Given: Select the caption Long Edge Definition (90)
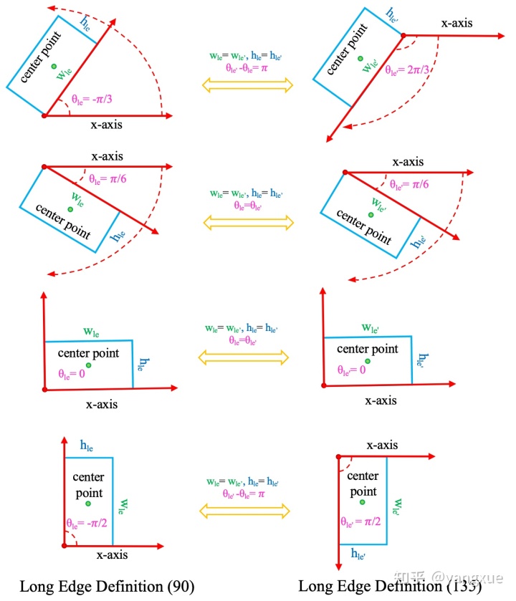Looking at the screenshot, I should (x=107, y=586).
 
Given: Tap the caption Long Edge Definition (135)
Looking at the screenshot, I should (x=390, y=586).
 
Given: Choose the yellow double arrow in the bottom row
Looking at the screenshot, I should (x=248, y=509).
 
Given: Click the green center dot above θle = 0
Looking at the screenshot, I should (x=89, y=364).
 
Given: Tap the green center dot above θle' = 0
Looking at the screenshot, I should (x=368, y=360).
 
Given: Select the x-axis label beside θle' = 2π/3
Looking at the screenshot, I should (x=457, y=23).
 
